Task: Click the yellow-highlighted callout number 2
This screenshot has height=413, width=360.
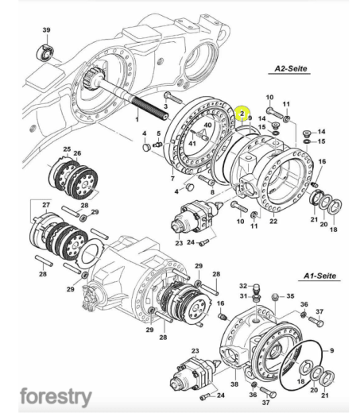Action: [242, 114]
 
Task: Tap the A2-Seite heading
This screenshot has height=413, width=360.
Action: [291, 68]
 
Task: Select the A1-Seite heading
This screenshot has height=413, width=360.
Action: [319, 276]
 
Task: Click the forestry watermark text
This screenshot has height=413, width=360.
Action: [56, 397]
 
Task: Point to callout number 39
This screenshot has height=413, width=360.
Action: [46, 30]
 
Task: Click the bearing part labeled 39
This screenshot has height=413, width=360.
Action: [45, 52]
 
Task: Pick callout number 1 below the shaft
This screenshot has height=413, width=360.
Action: [137, 120]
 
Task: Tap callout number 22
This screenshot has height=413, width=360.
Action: [273, 221]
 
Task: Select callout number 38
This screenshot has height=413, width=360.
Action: [234, 384]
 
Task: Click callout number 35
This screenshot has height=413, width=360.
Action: [290, 295]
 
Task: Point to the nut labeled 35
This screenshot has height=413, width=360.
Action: [275, 297]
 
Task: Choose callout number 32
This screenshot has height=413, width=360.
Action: [243, 286]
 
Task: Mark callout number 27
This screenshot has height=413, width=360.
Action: [46, 205]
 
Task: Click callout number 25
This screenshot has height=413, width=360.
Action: [67, 149]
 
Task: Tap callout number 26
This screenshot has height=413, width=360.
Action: [77, 153]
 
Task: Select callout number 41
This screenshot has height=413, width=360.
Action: [192, 144]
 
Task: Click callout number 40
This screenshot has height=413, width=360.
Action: [207, 125]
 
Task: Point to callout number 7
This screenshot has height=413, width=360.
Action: [172, 179]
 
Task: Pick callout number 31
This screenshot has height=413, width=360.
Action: [243, 296]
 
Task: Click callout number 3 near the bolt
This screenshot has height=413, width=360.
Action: [166, 106]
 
